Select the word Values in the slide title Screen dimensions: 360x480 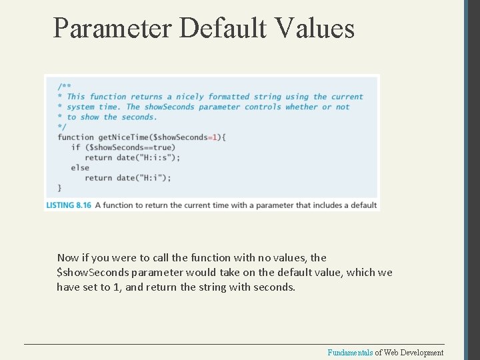point(313,28)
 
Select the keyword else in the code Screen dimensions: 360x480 point(80,167)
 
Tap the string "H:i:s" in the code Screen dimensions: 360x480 point(157,157)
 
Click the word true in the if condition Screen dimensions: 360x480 point(164,147)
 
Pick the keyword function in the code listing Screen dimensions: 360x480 point(76,137)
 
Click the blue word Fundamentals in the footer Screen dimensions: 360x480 point(350,353)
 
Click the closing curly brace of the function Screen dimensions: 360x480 point(60,188)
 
